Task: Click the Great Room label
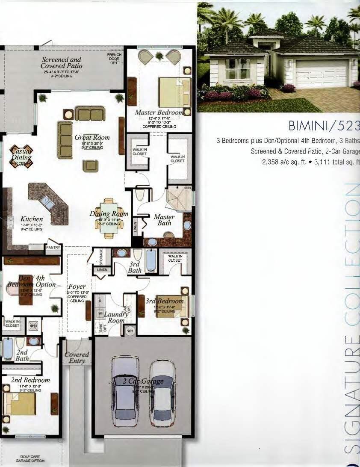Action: [x=92, y=138]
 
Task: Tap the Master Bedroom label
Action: [x=159, y=112]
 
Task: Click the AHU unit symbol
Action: [x=33, y=326]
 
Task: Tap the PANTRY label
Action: [x=53, y=248]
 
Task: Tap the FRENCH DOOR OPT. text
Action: [x=115, y=59]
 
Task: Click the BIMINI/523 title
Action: [x=324, y=126]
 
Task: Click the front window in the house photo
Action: [x=238, y=69]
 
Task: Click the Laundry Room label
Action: [x=116, y=317]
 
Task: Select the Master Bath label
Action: [x=164, y=220]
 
